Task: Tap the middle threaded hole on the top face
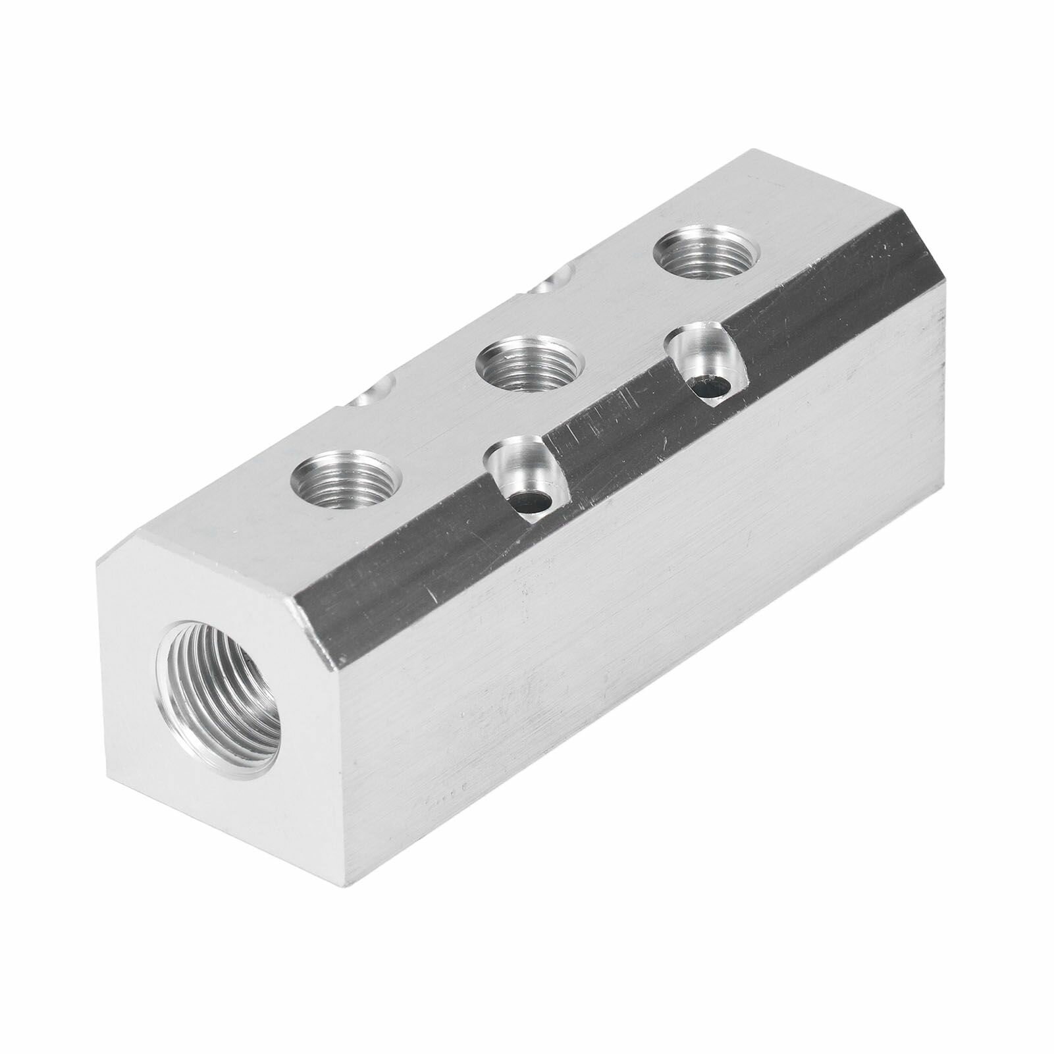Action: click(530, 369)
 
